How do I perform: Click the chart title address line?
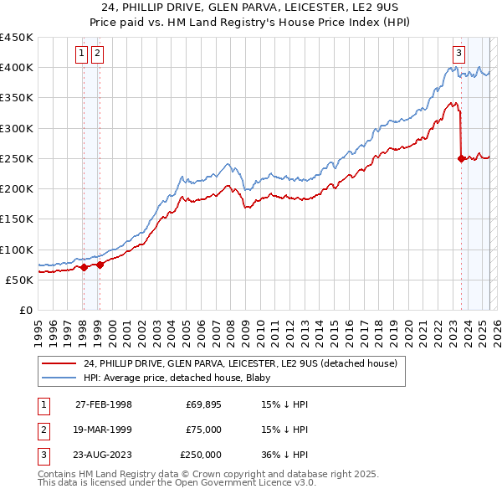[x=250, y=8]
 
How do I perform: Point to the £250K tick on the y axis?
[x=17, y=158]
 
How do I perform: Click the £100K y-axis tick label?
[x=17, y=250]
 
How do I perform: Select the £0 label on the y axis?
[x=26, y=310]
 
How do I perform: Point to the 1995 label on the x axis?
[x=38, y=327]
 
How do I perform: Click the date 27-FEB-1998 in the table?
[x=104, y=404]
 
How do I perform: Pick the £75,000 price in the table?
[x=203, y=430]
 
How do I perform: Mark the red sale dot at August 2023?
[x=461, y=158]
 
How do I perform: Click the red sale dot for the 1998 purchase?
[x=84, y=268]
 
